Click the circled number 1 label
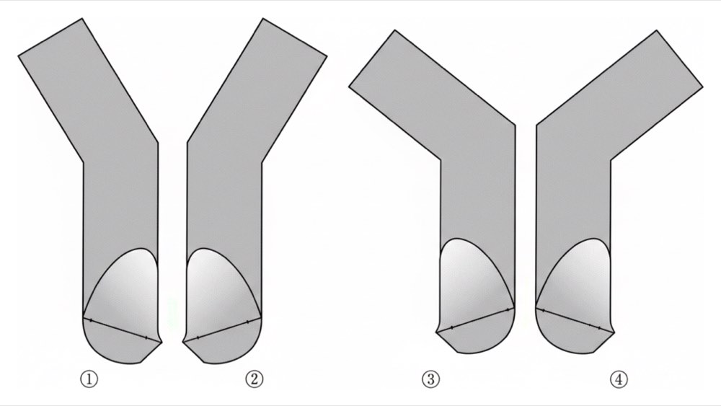point(89,379)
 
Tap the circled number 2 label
point(255,379)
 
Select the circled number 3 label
point(431,379)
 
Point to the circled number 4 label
point(619,379)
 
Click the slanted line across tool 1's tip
point(122,330)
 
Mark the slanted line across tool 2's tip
point(222,330)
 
